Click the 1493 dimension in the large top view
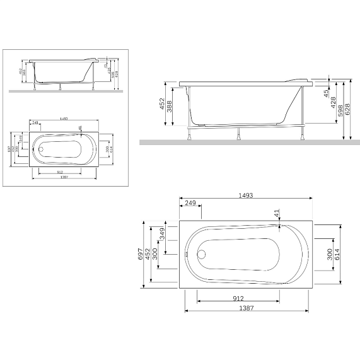click(247, 196)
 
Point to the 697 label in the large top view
click(142, 255)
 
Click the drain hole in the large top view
click(201, 255)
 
